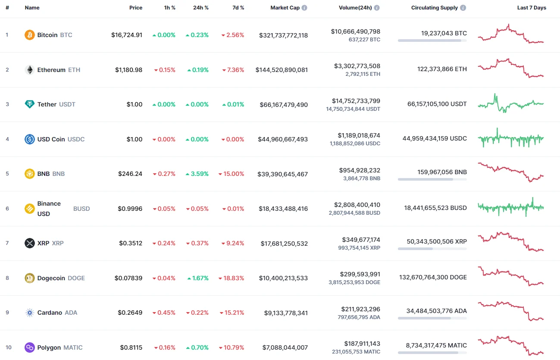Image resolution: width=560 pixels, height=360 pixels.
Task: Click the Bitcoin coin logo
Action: point(30,35)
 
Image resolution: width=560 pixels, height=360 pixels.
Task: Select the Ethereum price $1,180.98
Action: point(128,70)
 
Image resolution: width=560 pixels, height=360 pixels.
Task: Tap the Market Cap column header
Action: point(285,8)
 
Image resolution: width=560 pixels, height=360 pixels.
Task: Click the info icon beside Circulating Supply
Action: point(463,8)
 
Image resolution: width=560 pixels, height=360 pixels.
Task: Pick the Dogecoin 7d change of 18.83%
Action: point(233,278)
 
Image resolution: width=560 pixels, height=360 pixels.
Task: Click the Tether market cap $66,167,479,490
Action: point(284,104)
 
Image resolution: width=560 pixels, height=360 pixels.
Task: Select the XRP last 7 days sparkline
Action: point(511,242)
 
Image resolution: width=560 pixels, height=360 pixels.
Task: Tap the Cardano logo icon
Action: point(30,313)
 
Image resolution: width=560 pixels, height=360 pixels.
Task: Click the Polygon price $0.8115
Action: point(131,347)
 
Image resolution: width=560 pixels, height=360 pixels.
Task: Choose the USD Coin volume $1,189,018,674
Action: point(356,135)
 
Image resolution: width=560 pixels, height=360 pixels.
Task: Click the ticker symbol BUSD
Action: point(81,209)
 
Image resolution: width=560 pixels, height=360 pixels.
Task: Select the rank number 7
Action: point(7,243)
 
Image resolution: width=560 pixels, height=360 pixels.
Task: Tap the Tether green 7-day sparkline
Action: point(511,103)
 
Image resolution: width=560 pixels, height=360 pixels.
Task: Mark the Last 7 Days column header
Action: point(532,8)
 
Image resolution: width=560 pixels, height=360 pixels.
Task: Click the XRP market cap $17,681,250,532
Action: point(284,244)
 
